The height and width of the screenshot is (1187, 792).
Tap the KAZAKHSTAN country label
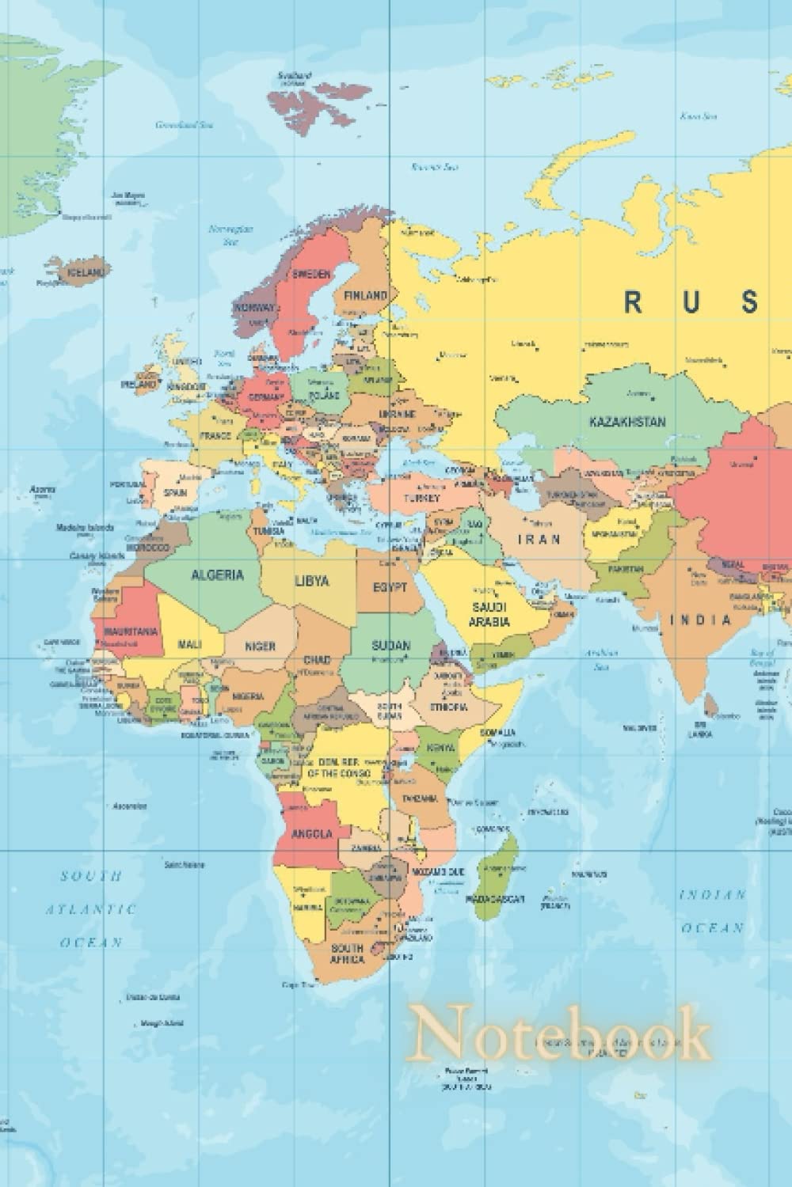(x=627, y=422)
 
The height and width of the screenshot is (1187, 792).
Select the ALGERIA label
(x=217, y=575)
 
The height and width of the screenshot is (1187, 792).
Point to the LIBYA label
(x=311, y=581)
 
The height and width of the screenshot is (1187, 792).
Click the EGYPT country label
(x=390, y=588)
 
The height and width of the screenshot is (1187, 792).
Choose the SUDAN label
(x=391, y=646)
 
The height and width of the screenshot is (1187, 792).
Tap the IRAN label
(x=539, y=539)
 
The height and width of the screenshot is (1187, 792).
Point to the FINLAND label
(x=366, y=295)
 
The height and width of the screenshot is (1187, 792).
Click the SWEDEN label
(x=312, y=274)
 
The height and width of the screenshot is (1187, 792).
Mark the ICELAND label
(x=85, y=271)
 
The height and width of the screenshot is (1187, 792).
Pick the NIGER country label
(x=260, y=646)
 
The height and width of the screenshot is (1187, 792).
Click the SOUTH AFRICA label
(x=348, y=953)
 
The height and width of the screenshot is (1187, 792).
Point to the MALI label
(x=188, y=644)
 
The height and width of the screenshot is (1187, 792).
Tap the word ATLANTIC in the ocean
(x=90, y=910)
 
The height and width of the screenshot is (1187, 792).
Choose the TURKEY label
(x=421, y=499)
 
